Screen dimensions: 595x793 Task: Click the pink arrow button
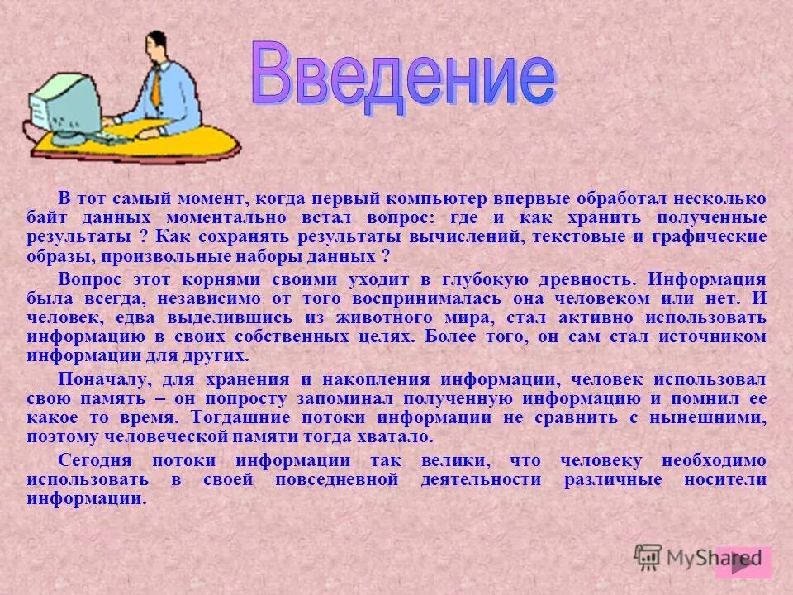pyautogui.click(x=743, y=562)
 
